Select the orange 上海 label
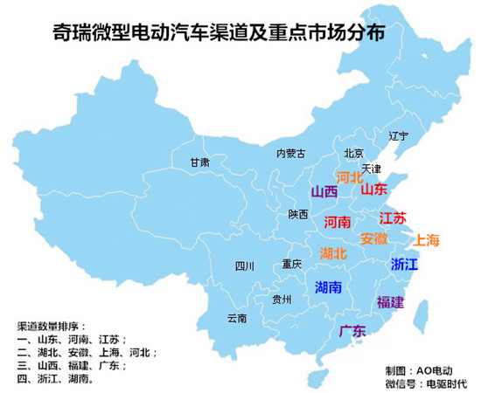(428, 239)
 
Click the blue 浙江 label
(405, 264)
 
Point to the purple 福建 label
(390, 302)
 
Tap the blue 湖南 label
(328, 286)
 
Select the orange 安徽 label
(373, 238)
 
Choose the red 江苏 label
(393, 218)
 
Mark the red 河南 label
(338, 222)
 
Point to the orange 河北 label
(350, 177)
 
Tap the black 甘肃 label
(199, 162)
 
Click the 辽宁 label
(398, 135)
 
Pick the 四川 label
(243, 266)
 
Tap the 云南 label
(236, 318)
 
